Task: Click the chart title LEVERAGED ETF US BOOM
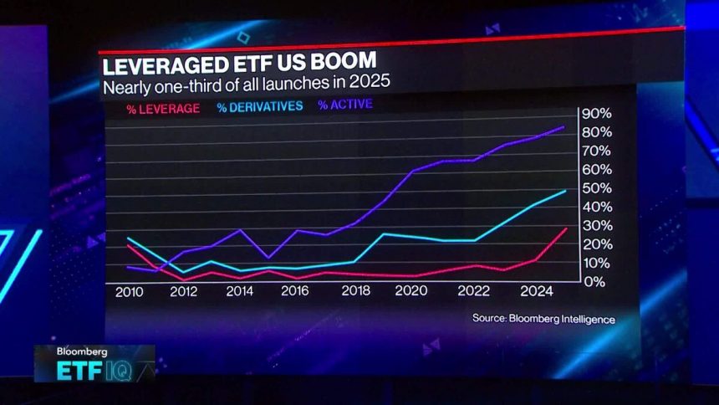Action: pos(238,64)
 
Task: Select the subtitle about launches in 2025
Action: pos(246,85)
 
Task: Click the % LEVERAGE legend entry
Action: pos(162,106)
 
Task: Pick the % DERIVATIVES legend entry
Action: pos(260,106)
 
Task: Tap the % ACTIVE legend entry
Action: pos(344,105)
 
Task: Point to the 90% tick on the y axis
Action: pos(598,114)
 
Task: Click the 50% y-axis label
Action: pos(598,188)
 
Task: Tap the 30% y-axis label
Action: pos(598,226)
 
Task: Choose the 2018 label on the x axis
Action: pos(355,292)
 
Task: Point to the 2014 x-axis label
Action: pos(240,292)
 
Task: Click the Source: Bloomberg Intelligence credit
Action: pos(543,319)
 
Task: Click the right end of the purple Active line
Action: pos(564,127)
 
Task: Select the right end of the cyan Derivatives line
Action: pos(566,191)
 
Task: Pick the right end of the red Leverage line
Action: pos(566,228)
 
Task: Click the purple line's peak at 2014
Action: pos(240,230)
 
